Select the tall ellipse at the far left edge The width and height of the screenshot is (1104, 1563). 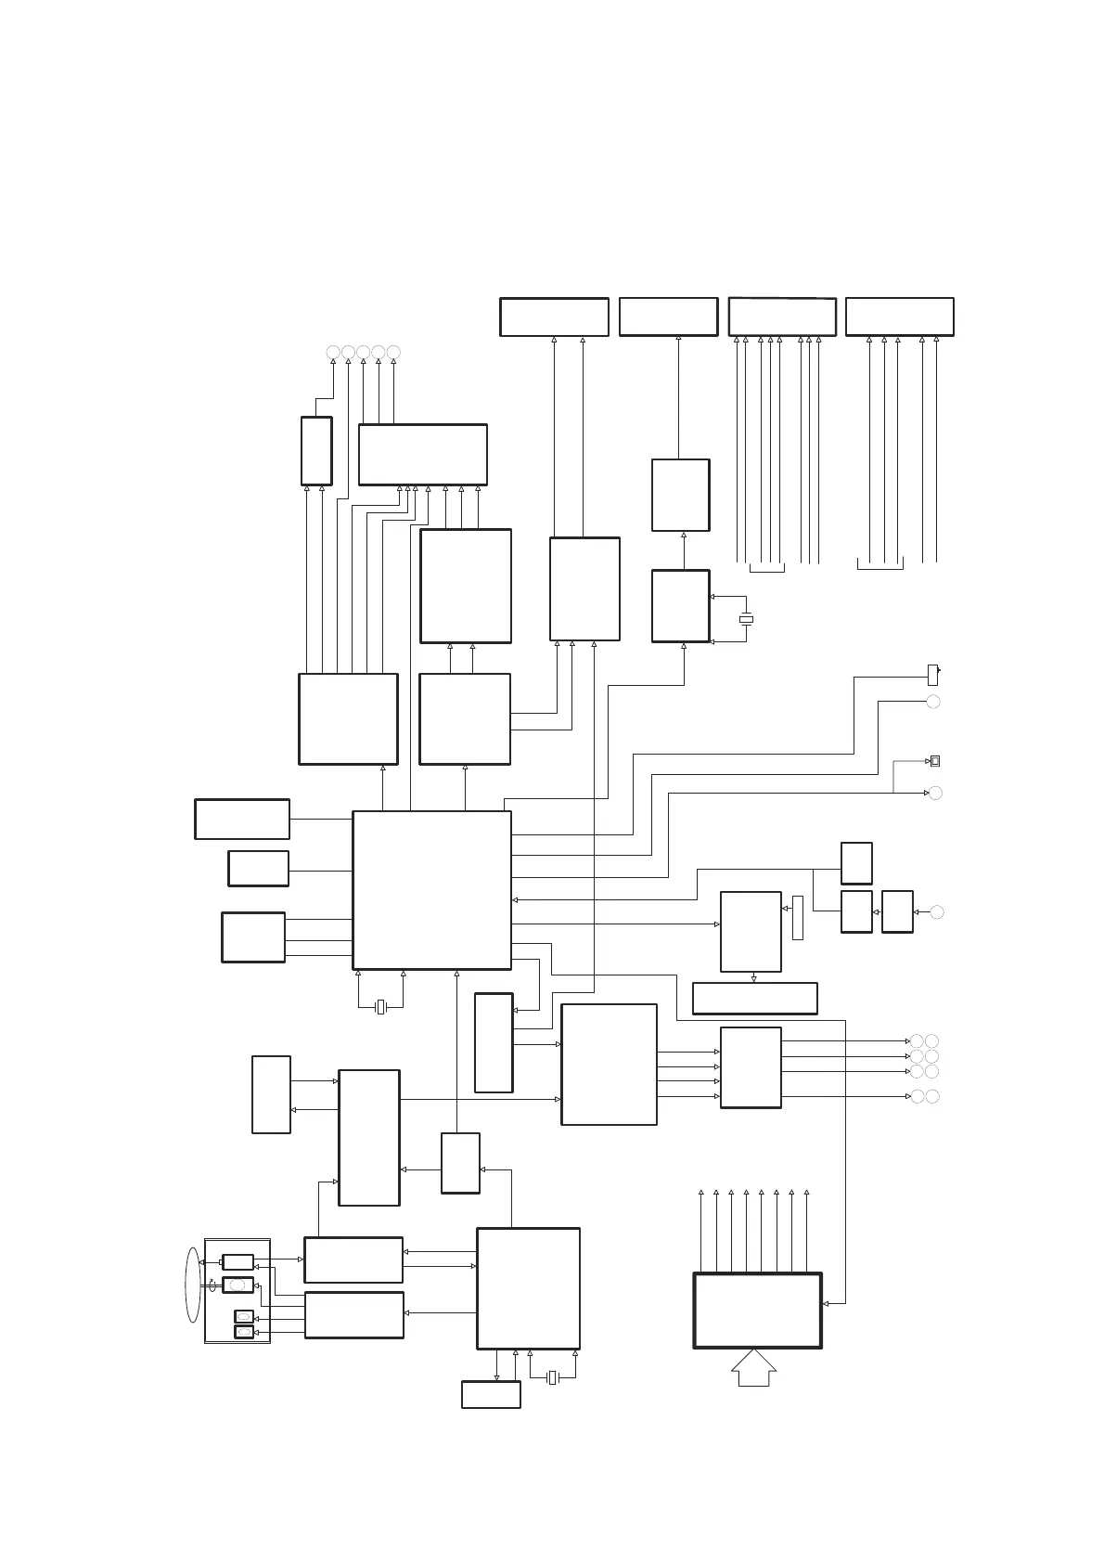pyautogui.click(x=192, y=1285)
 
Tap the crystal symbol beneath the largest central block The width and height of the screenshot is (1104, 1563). pyautogui.click(x=379, y=1007)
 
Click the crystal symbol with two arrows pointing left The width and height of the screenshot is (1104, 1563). pyautogui.click(x=745, y=619)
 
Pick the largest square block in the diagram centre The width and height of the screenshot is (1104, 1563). pyautogui.click(x=431, y=890)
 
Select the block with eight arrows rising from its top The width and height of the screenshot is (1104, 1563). pyautogui.click(x=757, y=1310)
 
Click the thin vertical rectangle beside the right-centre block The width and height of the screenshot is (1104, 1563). pyautogui.click(x=798, y=918)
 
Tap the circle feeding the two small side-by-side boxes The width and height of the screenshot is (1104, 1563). pyautogui.click(x=937, y=912)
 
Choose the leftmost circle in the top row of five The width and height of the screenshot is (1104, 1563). pyautogui.click(x=333, y=352)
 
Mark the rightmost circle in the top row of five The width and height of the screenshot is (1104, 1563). pyautogui.click(x=393, y=352)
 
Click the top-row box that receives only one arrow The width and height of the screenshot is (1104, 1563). pyautogui.click(x=668, y=316)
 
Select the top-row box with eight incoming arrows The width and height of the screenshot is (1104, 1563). pyautogui.click(x=782, y=316)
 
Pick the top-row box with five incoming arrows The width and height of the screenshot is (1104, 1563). pyautogui.click(x=899, y=316)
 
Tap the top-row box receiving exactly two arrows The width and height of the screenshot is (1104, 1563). pyautogui.click(x=554, y=316)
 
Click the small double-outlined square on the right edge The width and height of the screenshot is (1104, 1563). pyautogui.click(x=935, y=761)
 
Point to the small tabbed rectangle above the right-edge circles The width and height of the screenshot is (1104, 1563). pyautogui.click(x=933, y=675)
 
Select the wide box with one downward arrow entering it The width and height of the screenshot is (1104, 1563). pyautogui.click(x=754, y=998)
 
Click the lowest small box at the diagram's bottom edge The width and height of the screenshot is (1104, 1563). pyautogui.click(x=491, y=1394)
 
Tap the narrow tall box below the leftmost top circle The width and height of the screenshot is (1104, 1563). pyautogui.click(x=316, y=451)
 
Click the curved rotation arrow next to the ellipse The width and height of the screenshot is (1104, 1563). pyautogui.click(x=212, y=1284)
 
